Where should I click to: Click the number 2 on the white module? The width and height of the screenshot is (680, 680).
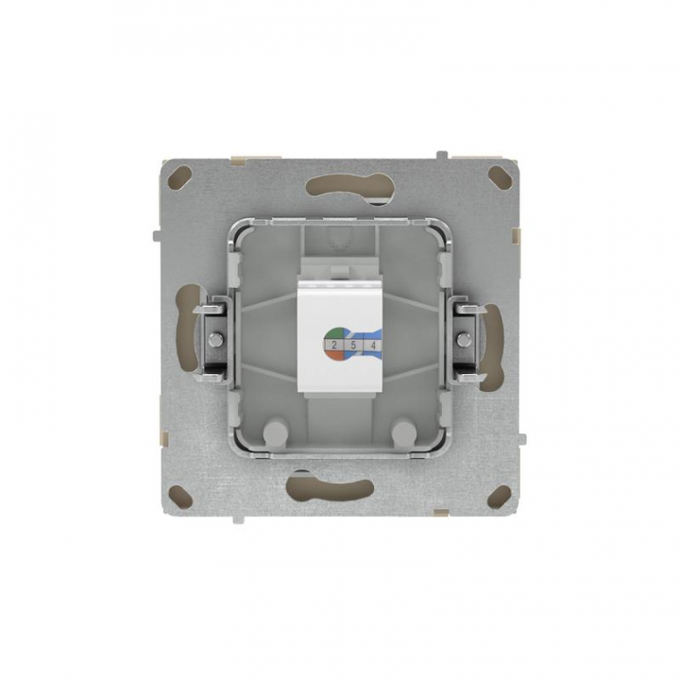pyautogui.click(x=334, y=346)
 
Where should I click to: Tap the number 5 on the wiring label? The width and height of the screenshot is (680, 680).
pyautogui.click(x=353, y=346)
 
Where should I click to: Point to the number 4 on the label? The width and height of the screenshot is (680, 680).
pyautogui.click(x=372, y=346)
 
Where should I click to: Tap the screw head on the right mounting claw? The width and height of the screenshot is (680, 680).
pyautogui.click(x=464, y=339)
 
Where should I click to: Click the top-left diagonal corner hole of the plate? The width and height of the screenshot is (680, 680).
pyautogui.click(x=181, y=176)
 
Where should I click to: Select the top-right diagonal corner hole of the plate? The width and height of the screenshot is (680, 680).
pyautogui.click(x=500, y=176)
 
